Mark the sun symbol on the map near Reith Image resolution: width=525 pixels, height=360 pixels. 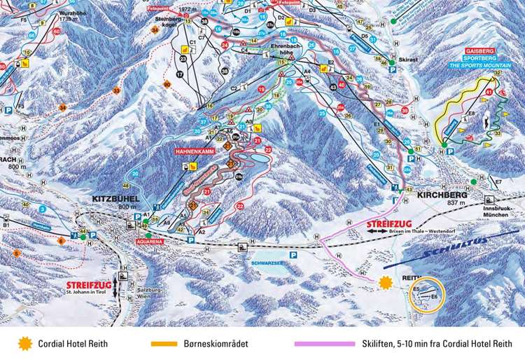tap(384, 282)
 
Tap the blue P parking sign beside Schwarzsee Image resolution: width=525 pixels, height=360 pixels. tap(293, 256)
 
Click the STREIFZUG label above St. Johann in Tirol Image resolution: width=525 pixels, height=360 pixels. tap(89, 286)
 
